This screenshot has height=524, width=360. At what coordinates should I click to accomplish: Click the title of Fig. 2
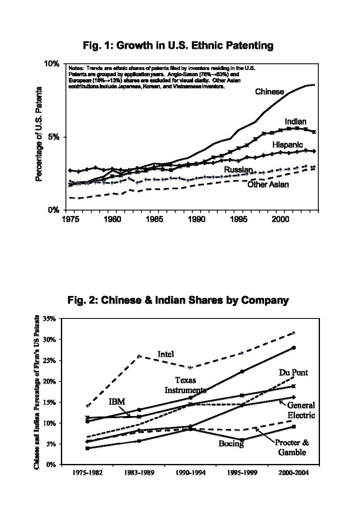tap(178, 300)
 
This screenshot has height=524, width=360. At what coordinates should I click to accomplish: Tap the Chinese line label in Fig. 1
tap(269, 92)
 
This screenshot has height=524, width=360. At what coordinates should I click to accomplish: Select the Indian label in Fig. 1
tap(295, 122)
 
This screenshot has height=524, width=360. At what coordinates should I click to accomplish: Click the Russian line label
tap(238, 169)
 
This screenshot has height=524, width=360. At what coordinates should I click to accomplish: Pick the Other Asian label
tap(268, 184)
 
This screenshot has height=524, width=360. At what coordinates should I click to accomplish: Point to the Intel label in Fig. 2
tap(165, 354)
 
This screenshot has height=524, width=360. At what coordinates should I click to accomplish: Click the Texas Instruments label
tap(185, 385)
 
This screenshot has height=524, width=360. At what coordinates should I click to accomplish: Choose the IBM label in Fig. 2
tap(117, 402)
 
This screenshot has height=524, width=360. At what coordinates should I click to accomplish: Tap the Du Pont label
tap(293, 373)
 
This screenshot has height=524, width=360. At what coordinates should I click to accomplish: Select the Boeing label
tap(231, 444)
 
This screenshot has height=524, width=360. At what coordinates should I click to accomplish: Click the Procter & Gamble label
tap(292, 448)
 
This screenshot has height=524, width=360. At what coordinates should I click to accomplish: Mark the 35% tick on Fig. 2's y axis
tap(49, 319)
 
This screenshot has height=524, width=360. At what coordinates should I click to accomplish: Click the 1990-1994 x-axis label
tap(191, 473)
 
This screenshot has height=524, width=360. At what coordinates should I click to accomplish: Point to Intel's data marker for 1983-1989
tap(139, 356)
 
